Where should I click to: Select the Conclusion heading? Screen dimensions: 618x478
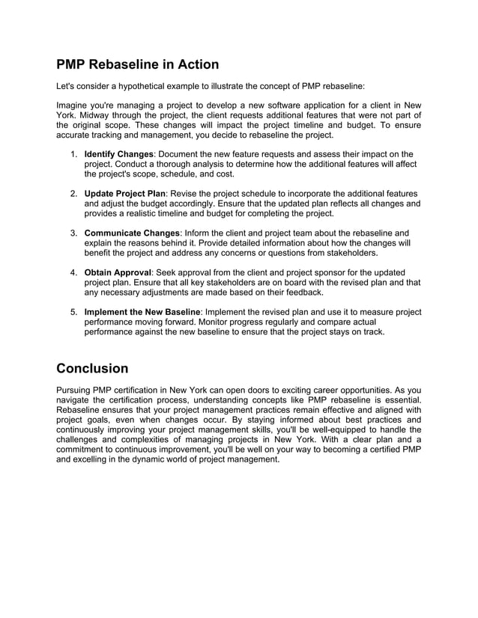[92, 368]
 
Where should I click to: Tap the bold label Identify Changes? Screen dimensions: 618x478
[118, 153]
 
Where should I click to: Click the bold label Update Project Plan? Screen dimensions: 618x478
[124, 193]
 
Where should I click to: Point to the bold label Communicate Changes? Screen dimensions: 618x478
[132, 233]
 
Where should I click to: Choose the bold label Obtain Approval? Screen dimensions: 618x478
[118, 272]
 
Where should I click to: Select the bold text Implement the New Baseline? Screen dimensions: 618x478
[142, 311]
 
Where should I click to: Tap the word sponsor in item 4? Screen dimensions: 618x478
[329, 272]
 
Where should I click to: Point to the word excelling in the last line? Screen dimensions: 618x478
[95, 459]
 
